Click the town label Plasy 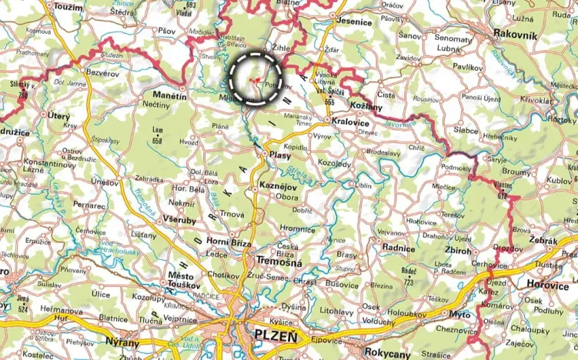[279, 155]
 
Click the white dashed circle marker [256, 78]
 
